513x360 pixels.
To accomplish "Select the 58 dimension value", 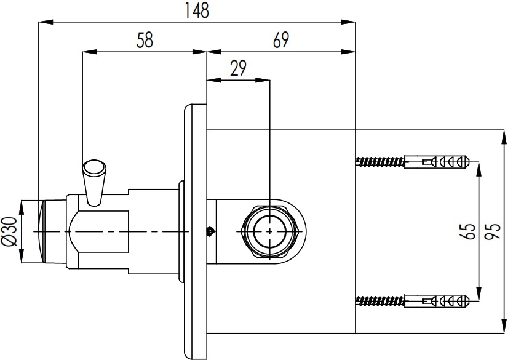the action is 145,40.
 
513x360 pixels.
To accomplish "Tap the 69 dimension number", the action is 280,40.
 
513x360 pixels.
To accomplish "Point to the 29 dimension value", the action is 238,68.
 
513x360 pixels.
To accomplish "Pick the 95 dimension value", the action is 492,231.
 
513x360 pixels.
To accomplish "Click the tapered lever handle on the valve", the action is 94,183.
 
